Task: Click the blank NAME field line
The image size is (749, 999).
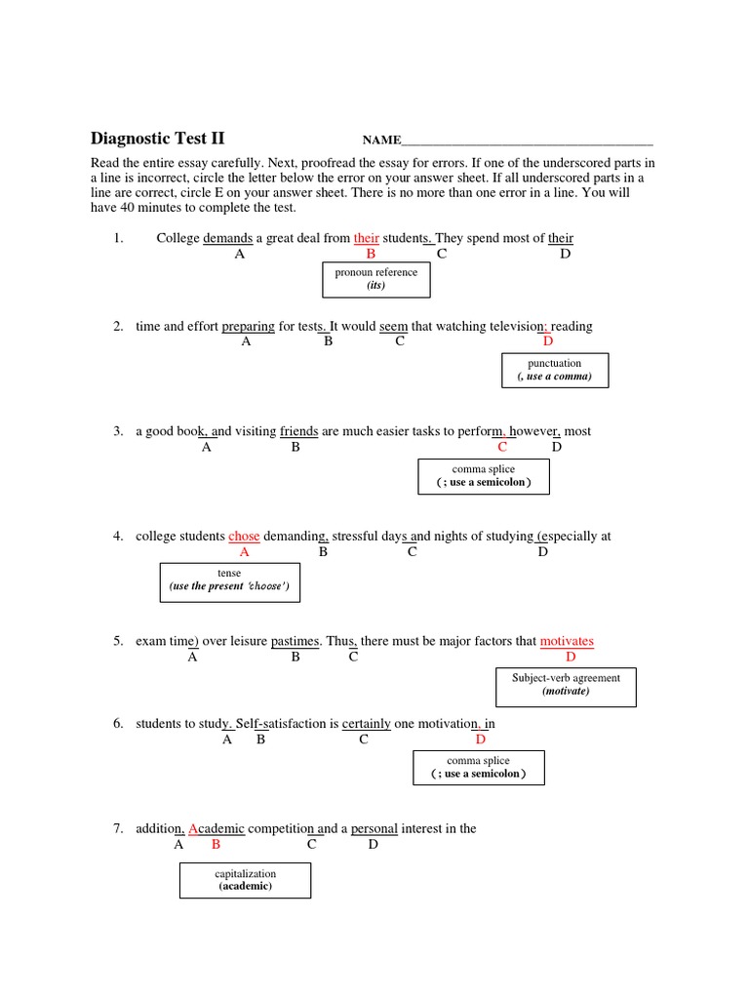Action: pyautogui.click(x=527, y=142)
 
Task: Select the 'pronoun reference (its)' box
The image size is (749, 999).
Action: pyautogui.click(x=376, y=279)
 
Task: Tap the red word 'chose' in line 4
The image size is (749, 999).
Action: pyautogui.click(x=244, y=537)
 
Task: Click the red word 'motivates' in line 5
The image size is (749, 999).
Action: pyautogui.click(x=567, y=641)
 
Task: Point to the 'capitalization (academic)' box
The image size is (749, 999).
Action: pyautogui.click(x=245, y=880)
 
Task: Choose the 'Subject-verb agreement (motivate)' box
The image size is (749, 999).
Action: pyautogui.click(x=566, y=684)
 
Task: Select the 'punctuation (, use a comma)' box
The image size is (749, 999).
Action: pyautogui.click(x=554, y=370)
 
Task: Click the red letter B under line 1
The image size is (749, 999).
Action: pyautogui.click(x=371, y=254)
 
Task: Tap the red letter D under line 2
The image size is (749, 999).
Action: pyautogui.click(x=548, y=341)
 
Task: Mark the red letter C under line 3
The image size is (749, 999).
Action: pyautogui.click(x=502, y=447)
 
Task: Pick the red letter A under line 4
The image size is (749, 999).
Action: pyautogui.click(x=245, y=552)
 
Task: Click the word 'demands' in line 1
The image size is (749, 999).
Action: pyautogui.click(x=227, y=238)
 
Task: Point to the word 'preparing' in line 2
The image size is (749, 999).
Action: pyautogui.click(x=248, y=326)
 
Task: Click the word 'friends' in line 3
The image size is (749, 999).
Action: pyautogui.click(x=298, y=431)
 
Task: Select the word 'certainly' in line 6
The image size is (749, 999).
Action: pyautogui.click(x=366, y=724)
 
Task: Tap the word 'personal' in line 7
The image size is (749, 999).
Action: pyautogui.click(x=374, y=828)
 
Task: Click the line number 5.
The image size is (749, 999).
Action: pyautogui.click(x=117, y=641)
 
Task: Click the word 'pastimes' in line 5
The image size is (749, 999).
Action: pyautogui.click(x=295, y=641)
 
